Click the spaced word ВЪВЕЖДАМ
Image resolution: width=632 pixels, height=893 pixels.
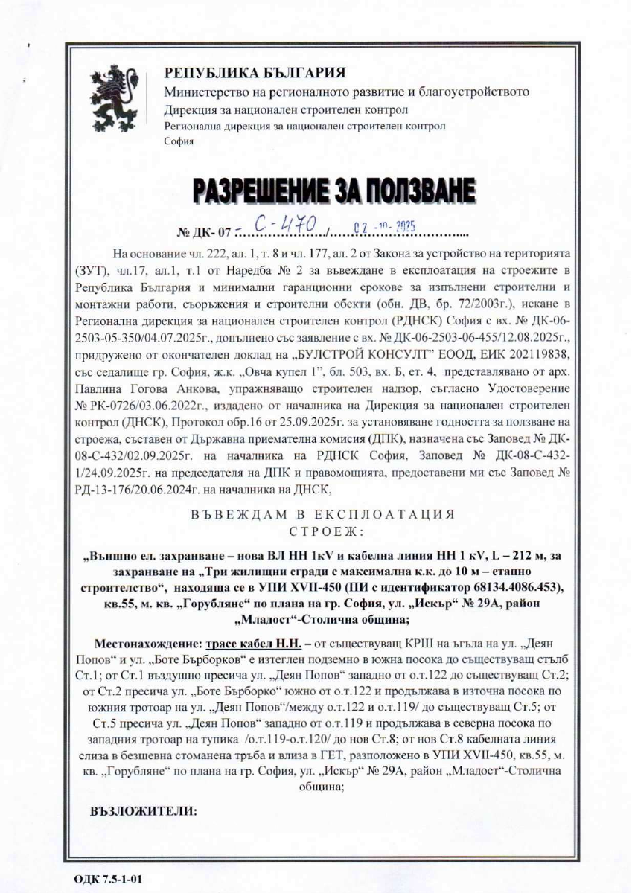pyautogui.click(x=230, y=515)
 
